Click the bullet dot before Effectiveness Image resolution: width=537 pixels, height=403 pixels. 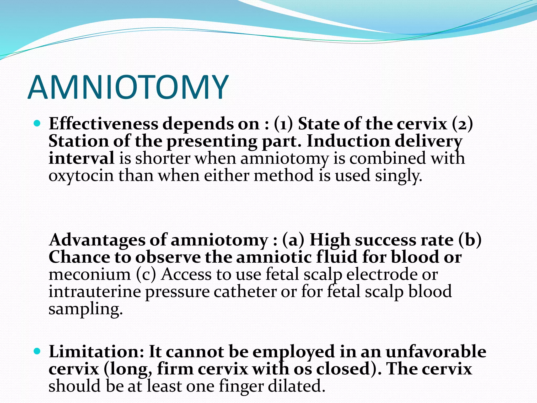click(x=37, y=123)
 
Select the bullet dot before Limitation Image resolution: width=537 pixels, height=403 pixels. click(x=37, y=351)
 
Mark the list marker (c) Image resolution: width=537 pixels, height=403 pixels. click(x=146, y=274)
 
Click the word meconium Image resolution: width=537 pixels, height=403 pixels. click(x=90, y=274)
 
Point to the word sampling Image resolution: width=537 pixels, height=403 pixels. click(x=85, y=309)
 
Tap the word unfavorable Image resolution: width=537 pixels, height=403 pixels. click(x=436, y=352)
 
